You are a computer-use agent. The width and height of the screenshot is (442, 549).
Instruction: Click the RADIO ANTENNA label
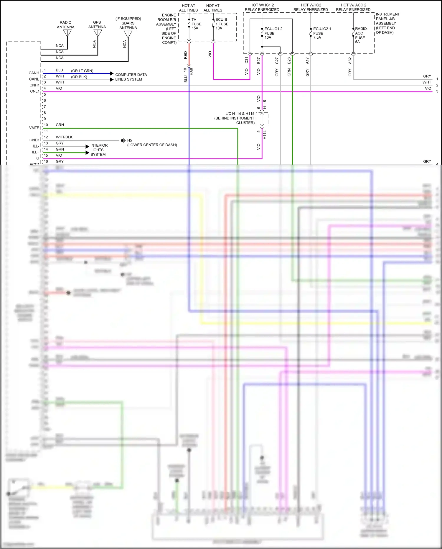tap(65, 25)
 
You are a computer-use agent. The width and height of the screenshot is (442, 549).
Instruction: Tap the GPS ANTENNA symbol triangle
tap(98, 33)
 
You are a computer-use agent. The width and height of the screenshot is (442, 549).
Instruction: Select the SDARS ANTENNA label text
tap(128, 23)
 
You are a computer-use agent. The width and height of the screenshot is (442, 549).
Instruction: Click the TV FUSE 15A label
tap(196, 24)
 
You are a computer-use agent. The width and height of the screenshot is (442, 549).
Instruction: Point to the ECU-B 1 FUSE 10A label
tap(222, 24)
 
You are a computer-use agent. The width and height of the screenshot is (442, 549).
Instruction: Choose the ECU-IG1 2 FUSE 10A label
tap(273, 33)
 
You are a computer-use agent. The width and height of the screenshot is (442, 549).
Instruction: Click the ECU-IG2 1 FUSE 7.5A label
tap(321, 33)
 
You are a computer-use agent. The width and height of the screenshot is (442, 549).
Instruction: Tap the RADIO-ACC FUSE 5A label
tap(361, 35)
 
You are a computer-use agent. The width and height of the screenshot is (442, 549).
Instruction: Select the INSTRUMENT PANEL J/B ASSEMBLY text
tap(387, 23)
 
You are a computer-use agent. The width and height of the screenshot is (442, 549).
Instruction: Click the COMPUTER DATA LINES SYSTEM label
tap(131, 77)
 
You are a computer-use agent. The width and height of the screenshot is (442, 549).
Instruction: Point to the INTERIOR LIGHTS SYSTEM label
tap(99, 150)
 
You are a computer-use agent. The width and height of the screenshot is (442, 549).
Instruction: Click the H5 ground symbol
tap(123, 141)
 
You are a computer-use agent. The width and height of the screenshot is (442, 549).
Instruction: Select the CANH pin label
tap(34, 73)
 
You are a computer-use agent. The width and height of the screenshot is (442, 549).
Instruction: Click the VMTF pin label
tap(34, 128)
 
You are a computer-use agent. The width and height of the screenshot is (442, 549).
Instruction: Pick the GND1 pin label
tap(34, 140)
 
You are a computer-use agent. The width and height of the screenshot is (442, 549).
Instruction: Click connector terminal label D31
tap(247, 60)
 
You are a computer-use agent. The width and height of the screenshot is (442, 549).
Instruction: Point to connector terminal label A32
tap(350, 60)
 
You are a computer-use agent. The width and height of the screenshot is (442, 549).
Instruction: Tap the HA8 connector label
tap(191, 71)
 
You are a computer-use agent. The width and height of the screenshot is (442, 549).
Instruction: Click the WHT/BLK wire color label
tap(64, 137)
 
